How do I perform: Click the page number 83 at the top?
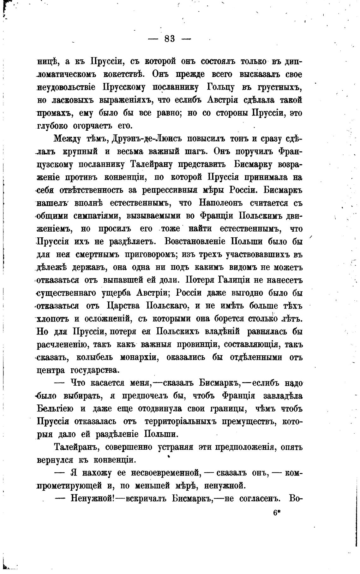170,39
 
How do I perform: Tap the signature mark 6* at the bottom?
277,513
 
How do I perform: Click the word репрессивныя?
172,190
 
